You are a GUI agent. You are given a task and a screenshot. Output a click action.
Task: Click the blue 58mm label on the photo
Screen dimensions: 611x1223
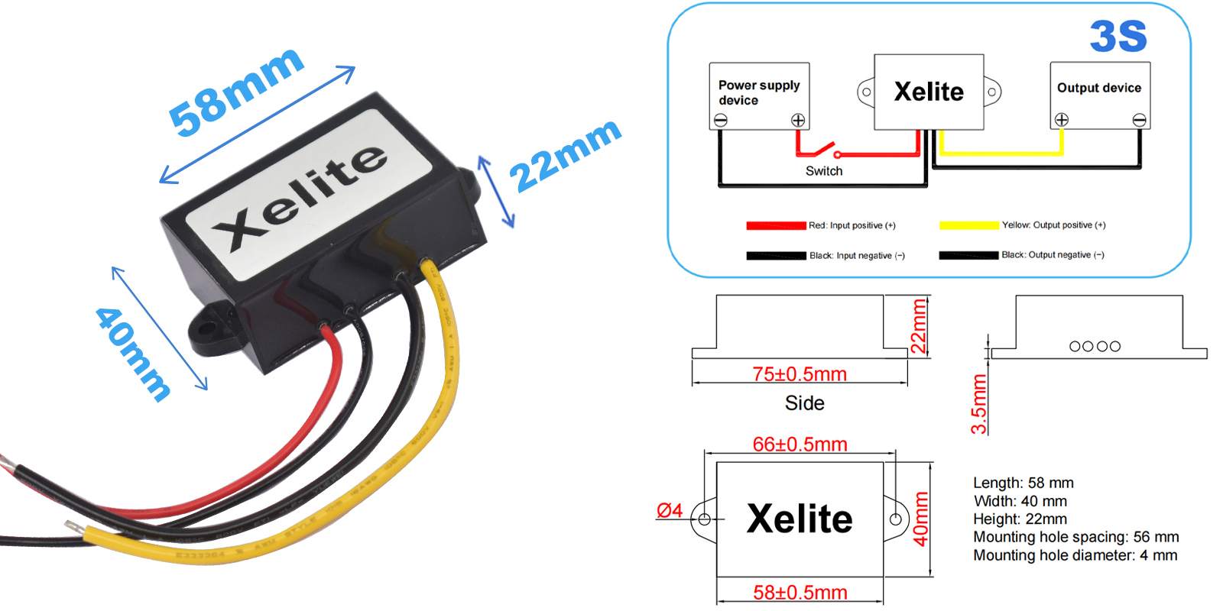235,92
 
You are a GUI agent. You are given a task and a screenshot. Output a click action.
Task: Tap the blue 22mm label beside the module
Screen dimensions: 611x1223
566,156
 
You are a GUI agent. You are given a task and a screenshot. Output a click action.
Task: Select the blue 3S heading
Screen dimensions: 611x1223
1118,37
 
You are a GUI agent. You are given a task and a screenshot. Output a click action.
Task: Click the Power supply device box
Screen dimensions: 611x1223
759,95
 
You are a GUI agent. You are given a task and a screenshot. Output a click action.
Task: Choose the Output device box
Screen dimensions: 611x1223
1099,95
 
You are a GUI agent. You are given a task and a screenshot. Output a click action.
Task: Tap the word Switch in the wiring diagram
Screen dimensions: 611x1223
824,171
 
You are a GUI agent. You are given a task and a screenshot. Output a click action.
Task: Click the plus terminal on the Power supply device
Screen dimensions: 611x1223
798,120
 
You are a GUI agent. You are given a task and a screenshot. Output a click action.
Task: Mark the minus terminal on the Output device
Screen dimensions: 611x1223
1139,120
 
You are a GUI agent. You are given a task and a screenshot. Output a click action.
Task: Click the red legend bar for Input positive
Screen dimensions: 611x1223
776,225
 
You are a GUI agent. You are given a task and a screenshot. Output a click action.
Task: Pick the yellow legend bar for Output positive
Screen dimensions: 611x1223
969,225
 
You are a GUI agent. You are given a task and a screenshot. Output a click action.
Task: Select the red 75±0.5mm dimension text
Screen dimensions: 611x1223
800,374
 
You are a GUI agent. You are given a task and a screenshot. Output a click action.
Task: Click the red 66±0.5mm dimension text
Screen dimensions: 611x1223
800,445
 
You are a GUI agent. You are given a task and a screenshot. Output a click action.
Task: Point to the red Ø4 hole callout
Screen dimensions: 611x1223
670,510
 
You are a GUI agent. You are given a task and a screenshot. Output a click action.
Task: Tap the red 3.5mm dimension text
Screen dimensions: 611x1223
979,404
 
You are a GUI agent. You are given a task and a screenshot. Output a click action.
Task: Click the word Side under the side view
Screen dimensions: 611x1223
804,403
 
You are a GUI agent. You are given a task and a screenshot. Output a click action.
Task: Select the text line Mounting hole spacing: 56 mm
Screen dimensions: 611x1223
1075,537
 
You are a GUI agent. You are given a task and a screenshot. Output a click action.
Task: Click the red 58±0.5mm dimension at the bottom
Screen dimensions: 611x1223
800,593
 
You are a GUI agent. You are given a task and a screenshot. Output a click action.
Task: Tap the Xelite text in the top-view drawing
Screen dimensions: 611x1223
800,519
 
